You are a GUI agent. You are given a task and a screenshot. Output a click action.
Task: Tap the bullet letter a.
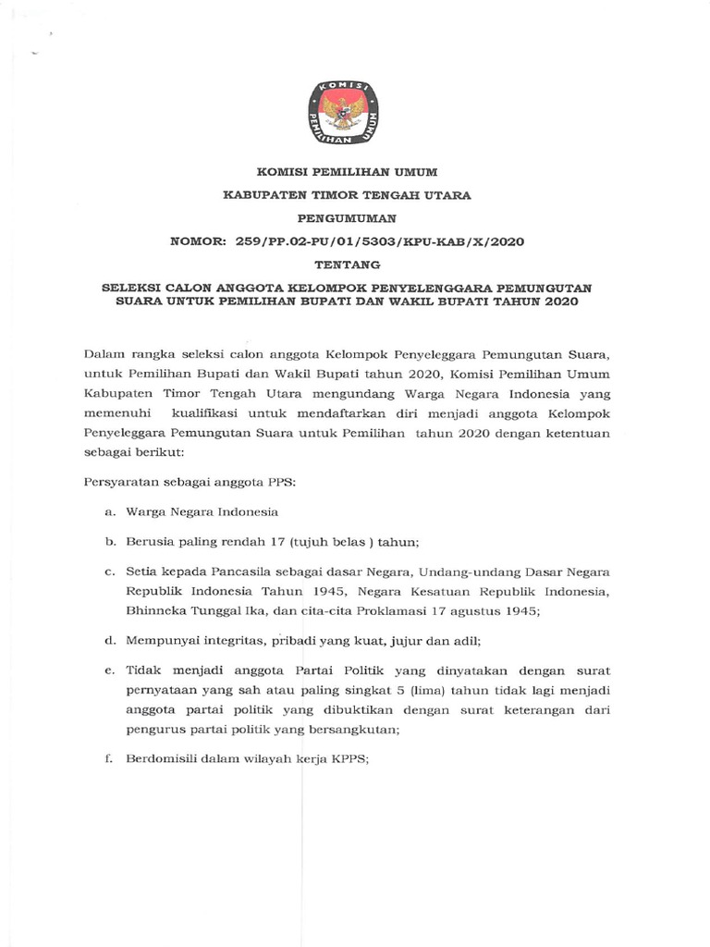click(109, 512)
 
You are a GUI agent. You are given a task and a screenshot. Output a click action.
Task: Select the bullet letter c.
click(109, 572)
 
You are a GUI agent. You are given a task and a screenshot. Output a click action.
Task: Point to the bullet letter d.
click(109, 639)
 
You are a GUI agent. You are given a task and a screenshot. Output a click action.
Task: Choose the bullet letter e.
click(109, 670)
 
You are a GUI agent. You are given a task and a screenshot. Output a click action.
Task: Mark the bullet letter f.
click(109, 760)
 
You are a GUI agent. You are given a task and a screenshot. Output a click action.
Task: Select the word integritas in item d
click(233, 639)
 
